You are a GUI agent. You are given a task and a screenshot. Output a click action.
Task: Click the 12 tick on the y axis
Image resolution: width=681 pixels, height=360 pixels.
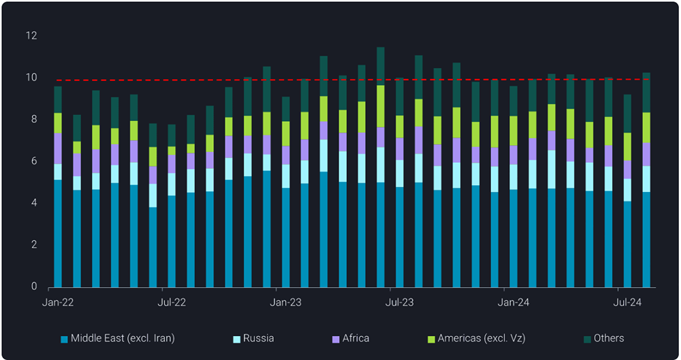tap(31, 35)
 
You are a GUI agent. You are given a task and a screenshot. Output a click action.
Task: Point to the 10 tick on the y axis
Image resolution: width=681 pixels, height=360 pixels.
tap(31, 78)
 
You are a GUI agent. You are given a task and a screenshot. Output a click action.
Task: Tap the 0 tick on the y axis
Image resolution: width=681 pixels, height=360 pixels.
tap(34, 287)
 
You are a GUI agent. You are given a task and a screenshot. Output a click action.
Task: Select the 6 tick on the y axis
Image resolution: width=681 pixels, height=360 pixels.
tap(34, 161)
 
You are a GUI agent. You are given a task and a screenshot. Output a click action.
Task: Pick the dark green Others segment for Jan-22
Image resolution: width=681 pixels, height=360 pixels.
tap(58, 99)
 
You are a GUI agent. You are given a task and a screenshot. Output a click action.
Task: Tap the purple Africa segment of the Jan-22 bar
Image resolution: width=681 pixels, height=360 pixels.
tap(58, 148)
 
